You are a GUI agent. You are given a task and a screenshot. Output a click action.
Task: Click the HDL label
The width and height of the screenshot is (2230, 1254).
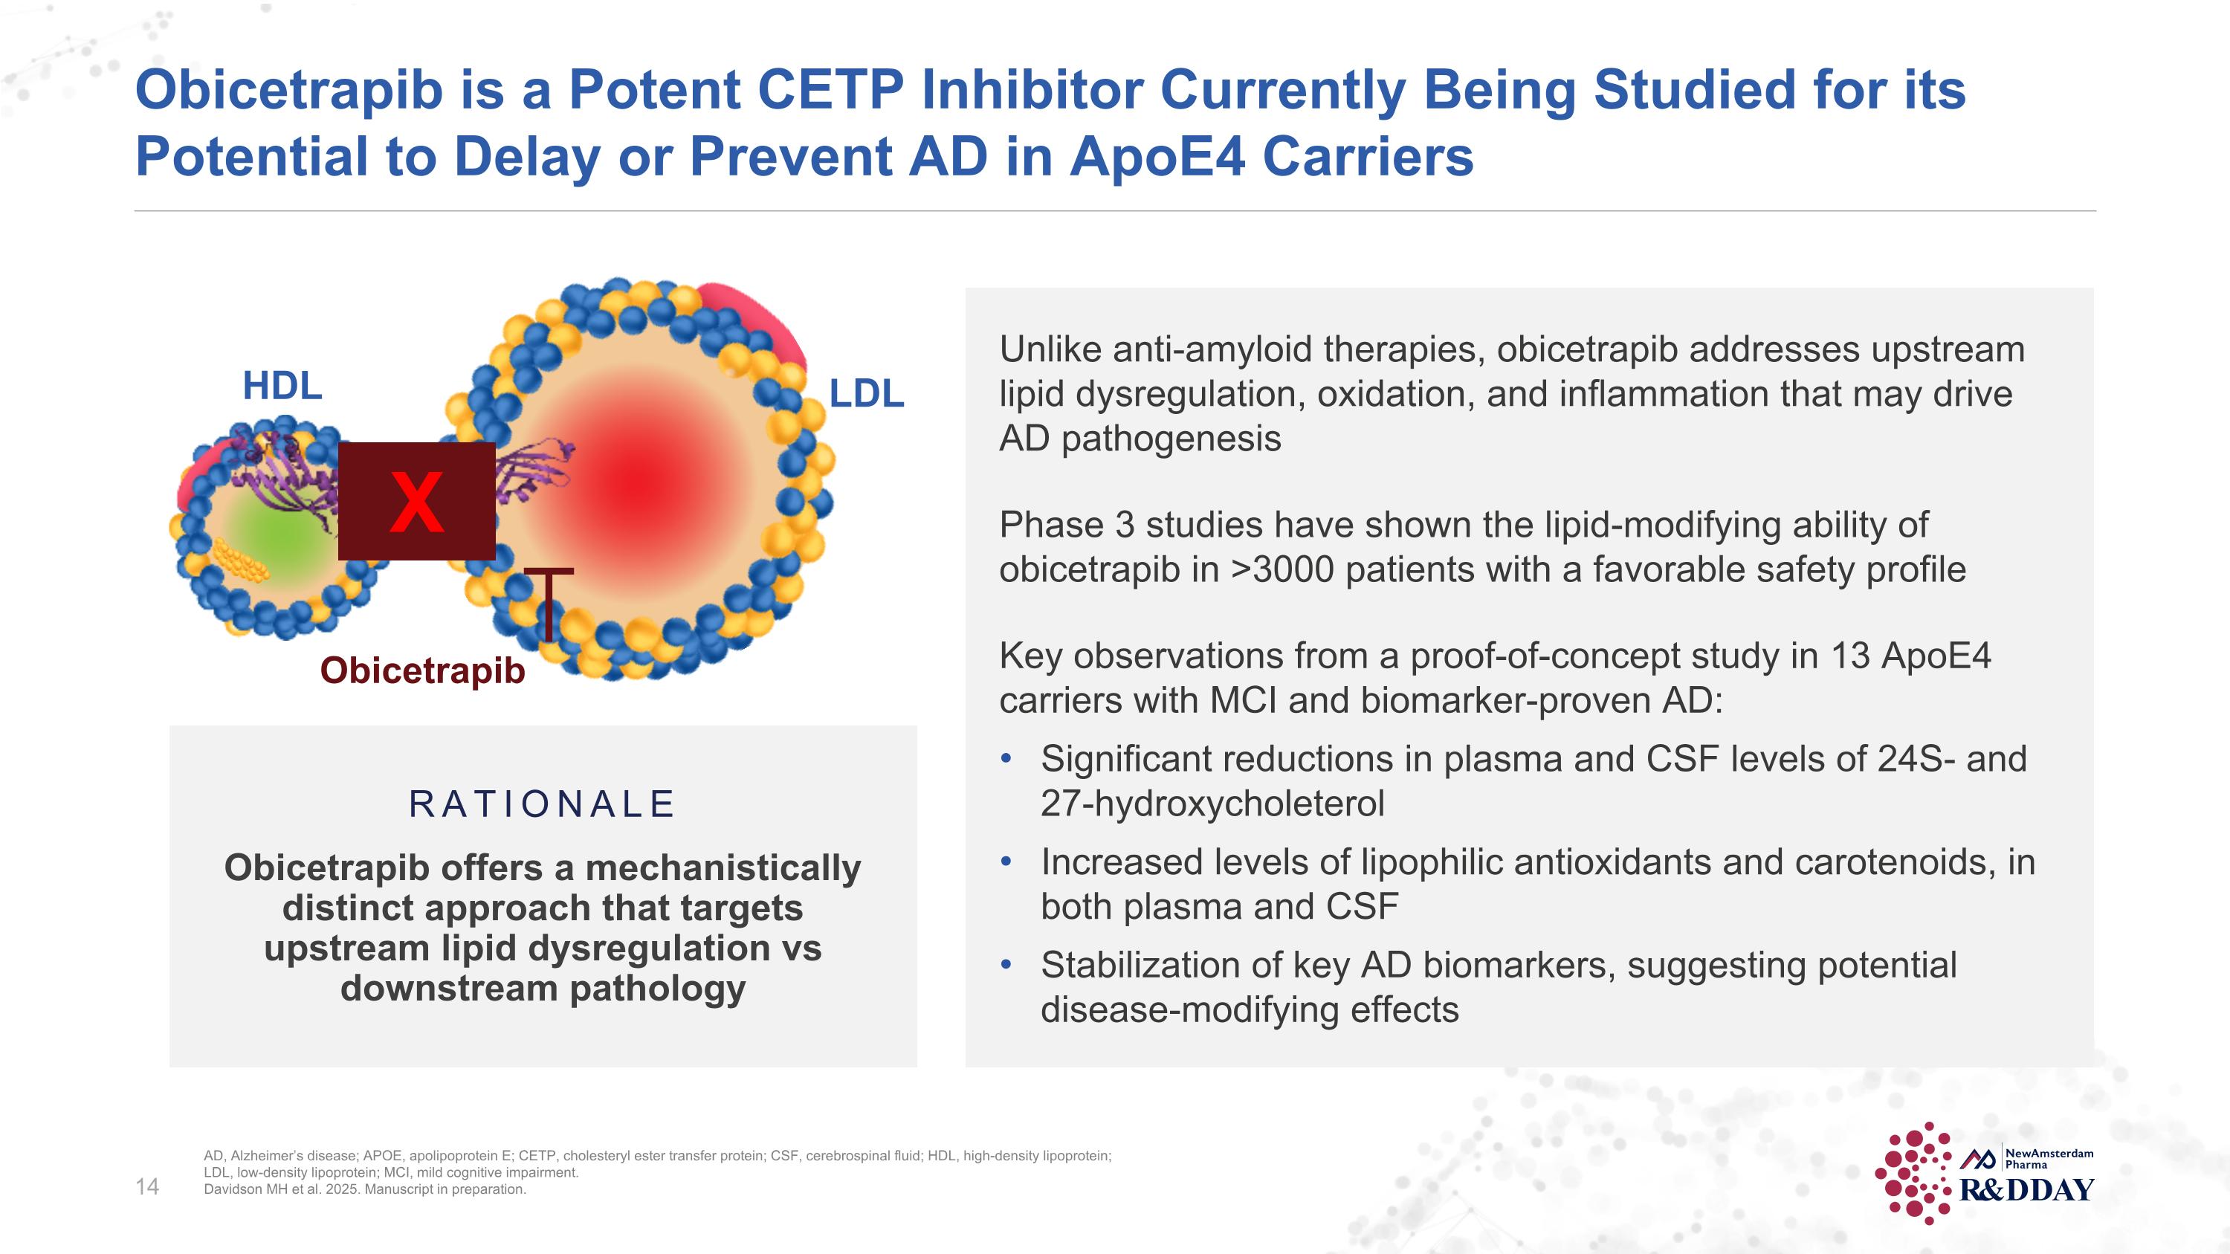coord(282,386)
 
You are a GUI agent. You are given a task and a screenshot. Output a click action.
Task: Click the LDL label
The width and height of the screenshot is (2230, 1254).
coord(866,395)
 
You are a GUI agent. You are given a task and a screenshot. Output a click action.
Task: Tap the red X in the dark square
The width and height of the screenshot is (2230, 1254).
coord(416,502)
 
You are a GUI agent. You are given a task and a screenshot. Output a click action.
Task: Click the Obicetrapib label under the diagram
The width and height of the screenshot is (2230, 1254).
coord(422,670)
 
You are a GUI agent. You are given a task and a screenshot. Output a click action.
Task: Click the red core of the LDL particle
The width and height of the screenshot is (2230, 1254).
coord(641,480)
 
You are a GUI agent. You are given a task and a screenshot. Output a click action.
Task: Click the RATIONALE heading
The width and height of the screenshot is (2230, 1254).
coord(542,804)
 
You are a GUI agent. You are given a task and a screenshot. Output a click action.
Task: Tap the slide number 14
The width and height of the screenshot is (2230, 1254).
coord(147,1186)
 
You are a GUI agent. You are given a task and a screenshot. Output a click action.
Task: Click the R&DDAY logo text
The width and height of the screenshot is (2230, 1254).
coord(2026,1191)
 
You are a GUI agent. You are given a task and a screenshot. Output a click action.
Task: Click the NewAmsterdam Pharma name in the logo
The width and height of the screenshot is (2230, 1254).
coord(2049,1158)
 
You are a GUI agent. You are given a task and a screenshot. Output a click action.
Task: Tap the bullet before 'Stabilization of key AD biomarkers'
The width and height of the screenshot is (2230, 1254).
coord(1005,965)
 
